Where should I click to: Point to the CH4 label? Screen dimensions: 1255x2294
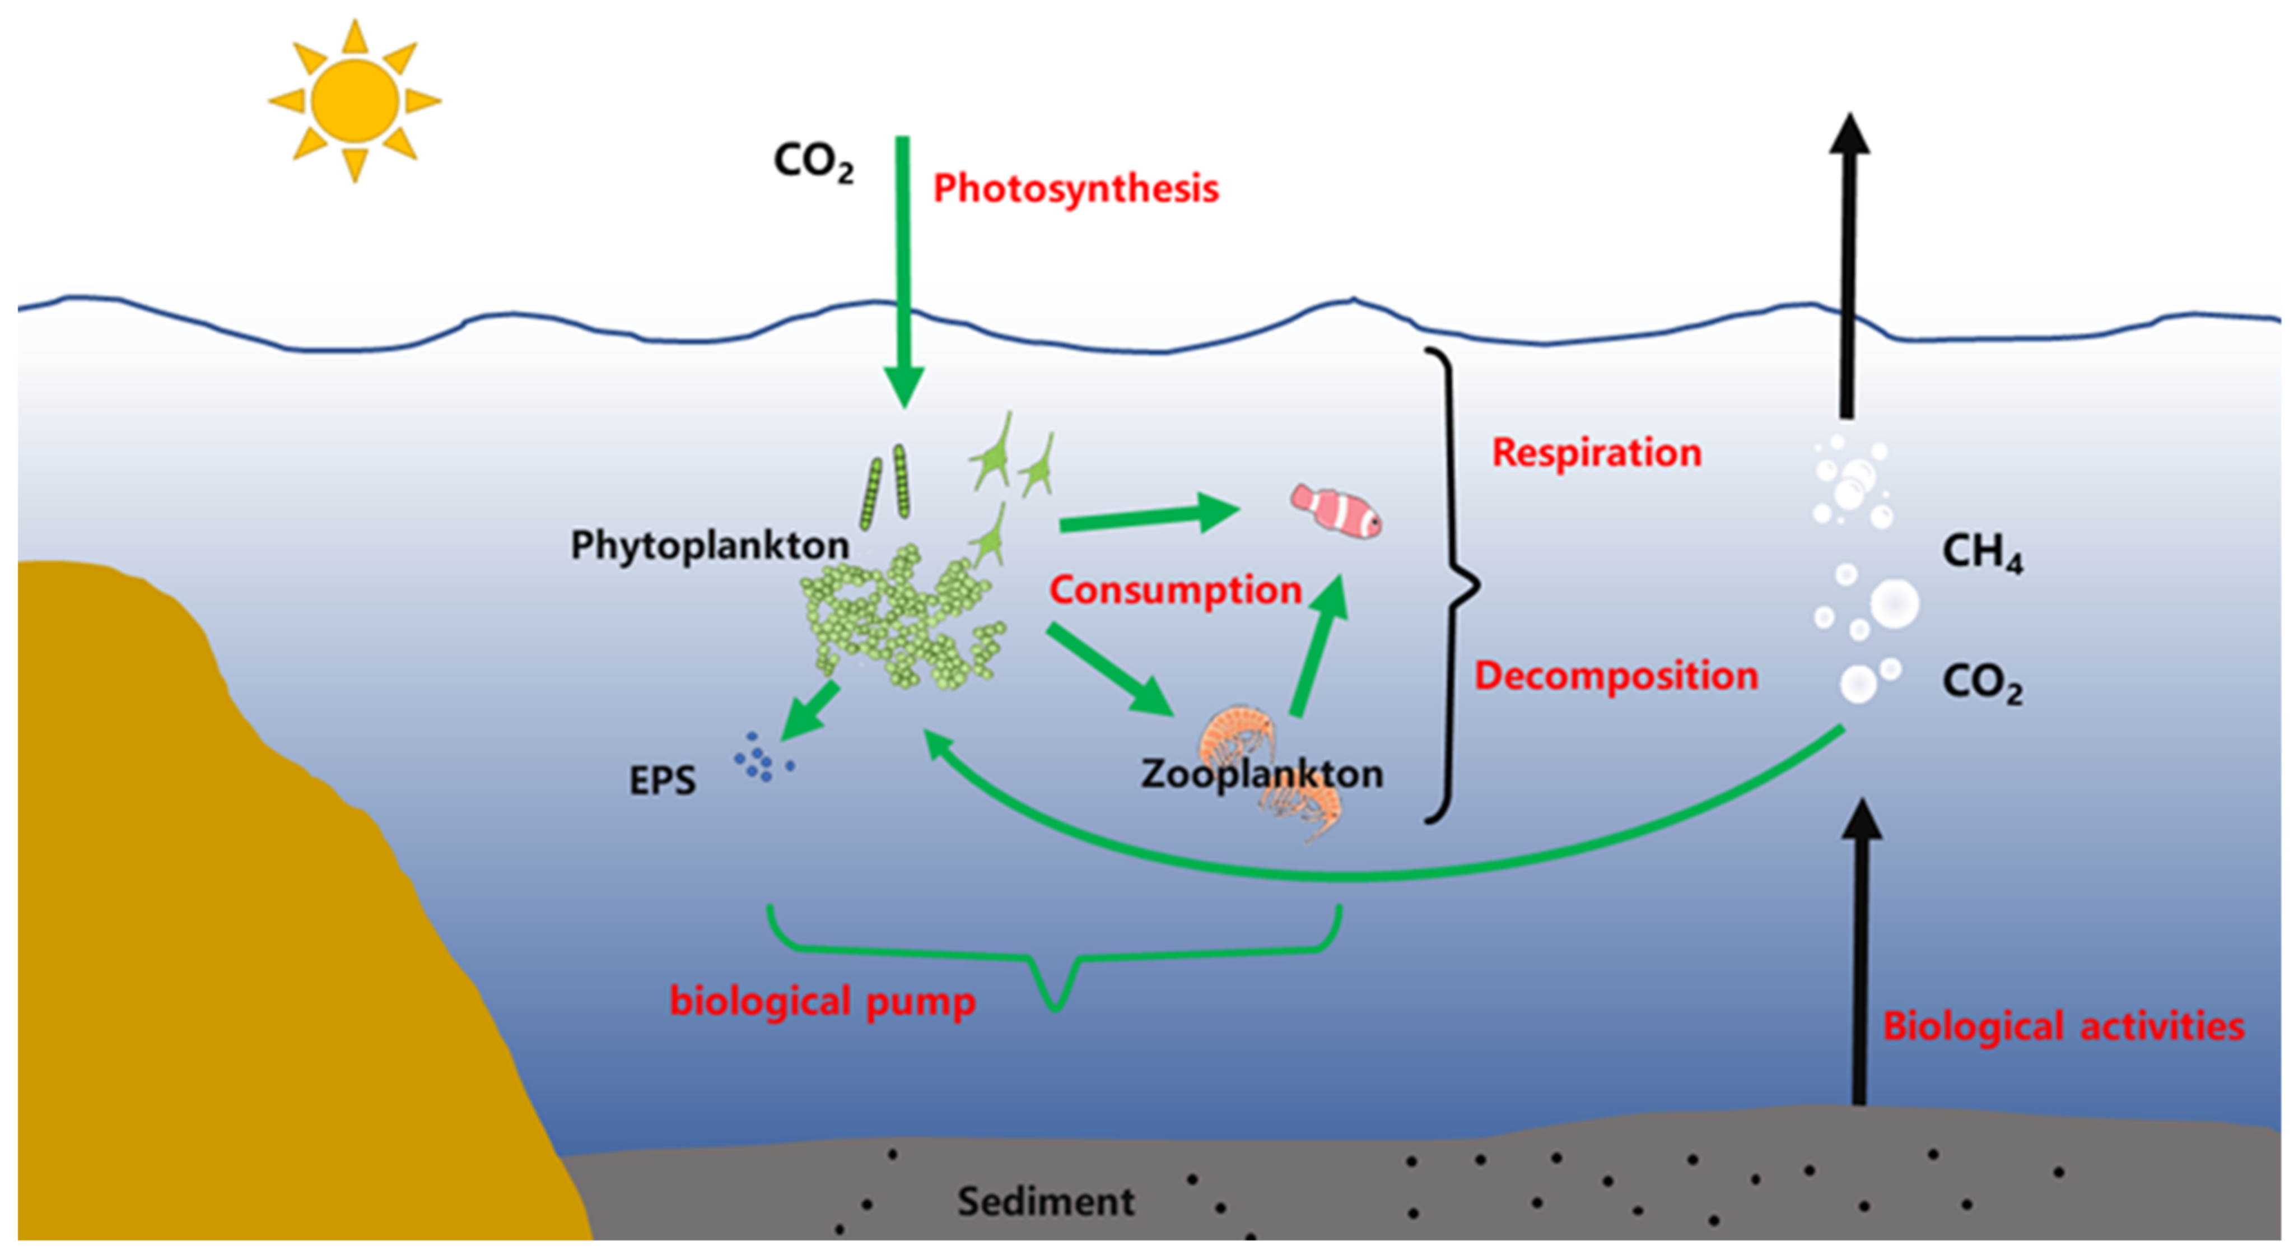tap(1981, 552)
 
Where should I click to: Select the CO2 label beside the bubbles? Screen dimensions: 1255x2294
tap(1981, 684)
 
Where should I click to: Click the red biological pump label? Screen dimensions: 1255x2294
tap(822, 1001)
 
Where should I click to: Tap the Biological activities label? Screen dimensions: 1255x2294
tap(2063, 1026)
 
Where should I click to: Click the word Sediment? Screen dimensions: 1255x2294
tap(1046, 1202)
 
